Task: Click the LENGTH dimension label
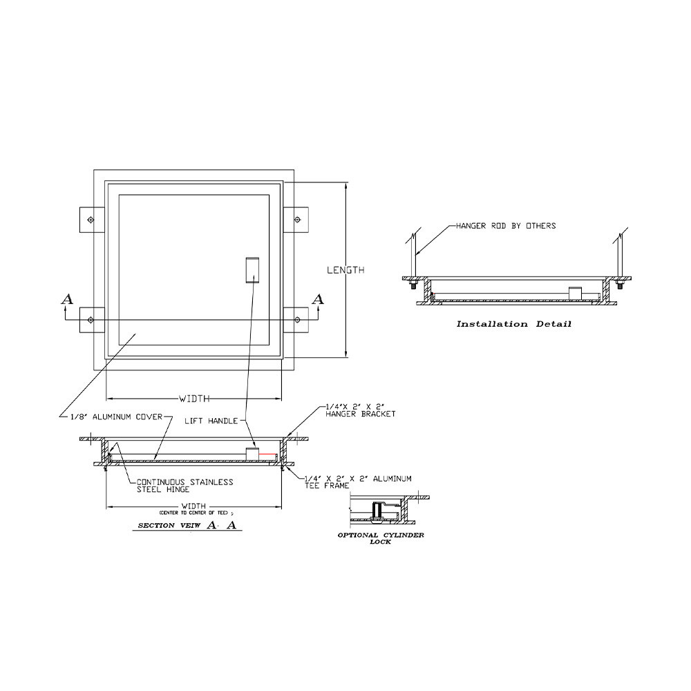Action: coord(345,270)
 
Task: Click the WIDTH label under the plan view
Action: coord(194,399)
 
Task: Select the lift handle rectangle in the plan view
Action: coord(252,270)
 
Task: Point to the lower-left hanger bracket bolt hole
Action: coord(91,319)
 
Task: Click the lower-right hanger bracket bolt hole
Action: coord(297,319)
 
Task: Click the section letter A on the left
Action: coord(66,299)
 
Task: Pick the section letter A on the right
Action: coord(318,299)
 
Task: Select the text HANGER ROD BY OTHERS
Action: coord(505,226)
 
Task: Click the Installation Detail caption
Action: coord(513,324)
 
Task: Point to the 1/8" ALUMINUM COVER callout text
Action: coord(115,417)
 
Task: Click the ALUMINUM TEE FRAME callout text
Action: coord(358,482)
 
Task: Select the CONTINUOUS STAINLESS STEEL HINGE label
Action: coord(184,486)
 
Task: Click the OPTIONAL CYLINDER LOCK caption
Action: coord(380,538)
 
